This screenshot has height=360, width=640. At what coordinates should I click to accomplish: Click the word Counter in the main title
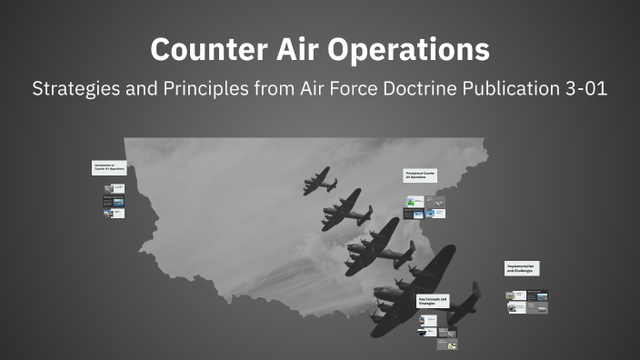(200, 49)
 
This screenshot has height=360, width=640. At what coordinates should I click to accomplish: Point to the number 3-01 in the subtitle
(584, 91)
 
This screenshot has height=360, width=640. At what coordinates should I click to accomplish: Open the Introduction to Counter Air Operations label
(108, 167)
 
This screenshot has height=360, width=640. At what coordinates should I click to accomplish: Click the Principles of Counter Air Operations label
(421, 174)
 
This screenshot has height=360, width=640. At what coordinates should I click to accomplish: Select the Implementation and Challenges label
(523, 269)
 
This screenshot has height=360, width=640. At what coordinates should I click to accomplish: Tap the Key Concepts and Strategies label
(432, 300)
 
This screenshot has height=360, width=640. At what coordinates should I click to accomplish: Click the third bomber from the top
(377, 249)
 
